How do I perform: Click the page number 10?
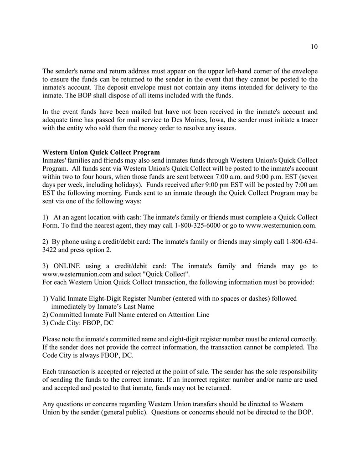(314, 46)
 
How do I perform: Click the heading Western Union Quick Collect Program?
(101, 152)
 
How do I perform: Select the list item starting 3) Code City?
(78, 323)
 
